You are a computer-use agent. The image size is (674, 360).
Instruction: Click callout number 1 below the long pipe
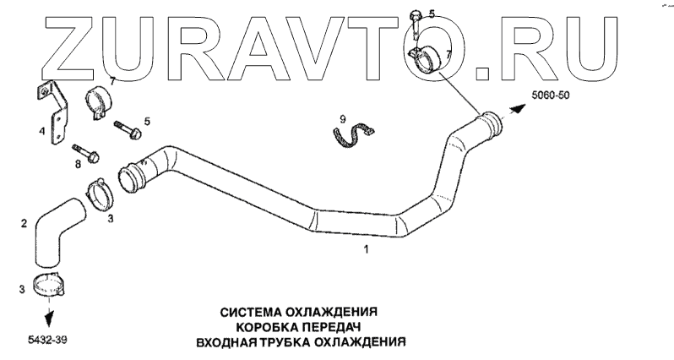coord(366,249)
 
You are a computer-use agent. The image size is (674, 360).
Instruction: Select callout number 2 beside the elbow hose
coord(24,224)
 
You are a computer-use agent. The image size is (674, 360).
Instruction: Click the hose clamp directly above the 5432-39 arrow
coord(48,285)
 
